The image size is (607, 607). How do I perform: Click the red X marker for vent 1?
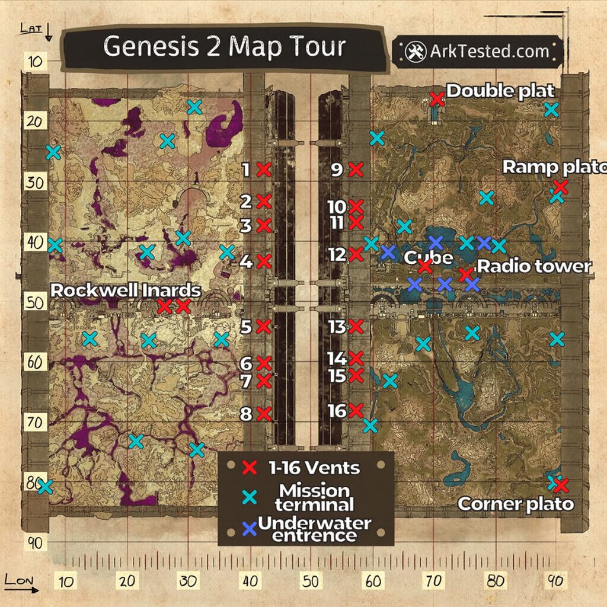(x=264, y=170)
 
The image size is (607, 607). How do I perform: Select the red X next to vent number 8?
(x=264, y=414)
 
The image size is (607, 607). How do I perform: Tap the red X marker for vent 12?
(x=356, y=254)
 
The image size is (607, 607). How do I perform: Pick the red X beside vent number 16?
(x=356, y=410)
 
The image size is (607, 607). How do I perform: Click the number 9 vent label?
(x=337, y=170)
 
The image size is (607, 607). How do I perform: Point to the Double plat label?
(x=500, y=91)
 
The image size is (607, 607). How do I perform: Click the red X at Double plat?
(x=437, y=99)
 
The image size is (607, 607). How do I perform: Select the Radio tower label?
(x=534, y=266)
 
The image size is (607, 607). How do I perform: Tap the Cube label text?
(x=428, y=257)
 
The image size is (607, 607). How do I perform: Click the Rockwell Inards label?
(x=126, y=290)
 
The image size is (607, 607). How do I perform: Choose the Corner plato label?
(x=516, y=504)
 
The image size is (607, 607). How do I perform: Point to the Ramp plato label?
(x=554, y=168)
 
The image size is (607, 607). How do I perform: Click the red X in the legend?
(x=250, y=468)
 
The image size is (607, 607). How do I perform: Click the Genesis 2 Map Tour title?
(x=224, y=47)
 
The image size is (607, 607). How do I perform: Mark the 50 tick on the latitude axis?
(x=34, y=303)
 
